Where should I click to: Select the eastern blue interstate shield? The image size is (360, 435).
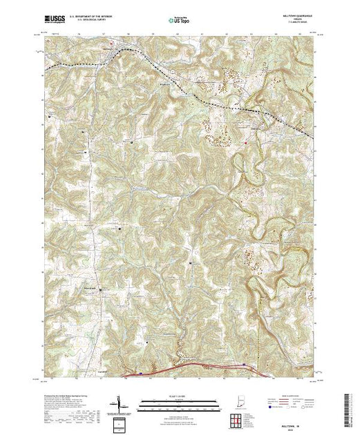point(243,365)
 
